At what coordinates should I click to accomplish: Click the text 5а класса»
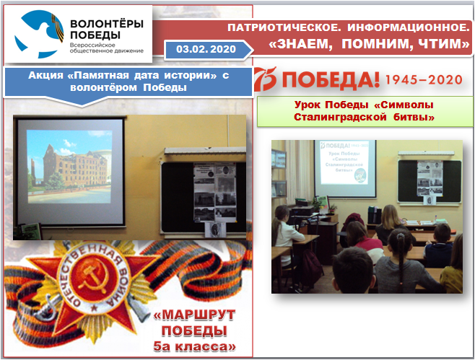tap(197, 348)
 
